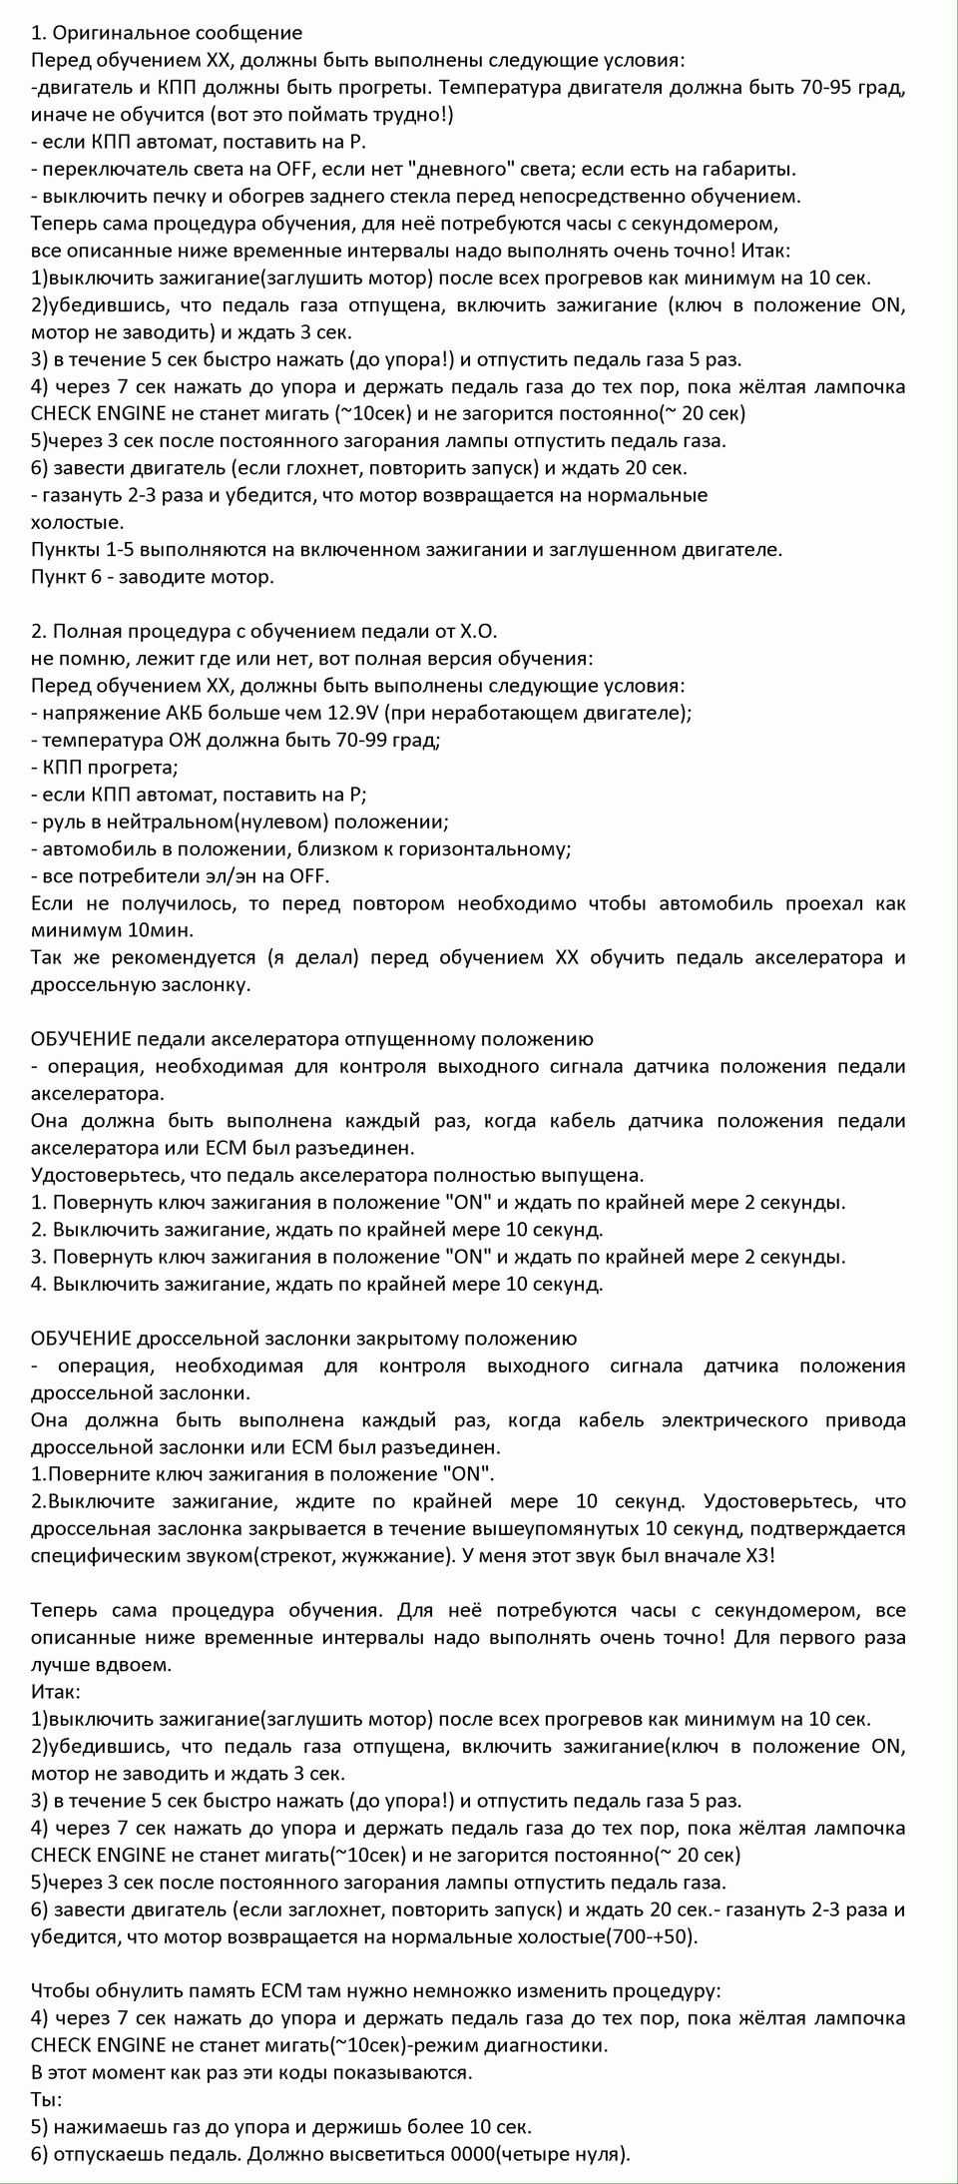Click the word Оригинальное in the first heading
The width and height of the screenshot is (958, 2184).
(x=110, y=35)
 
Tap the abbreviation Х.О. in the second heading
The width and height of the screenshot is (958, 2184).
(x=477, y=632)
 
